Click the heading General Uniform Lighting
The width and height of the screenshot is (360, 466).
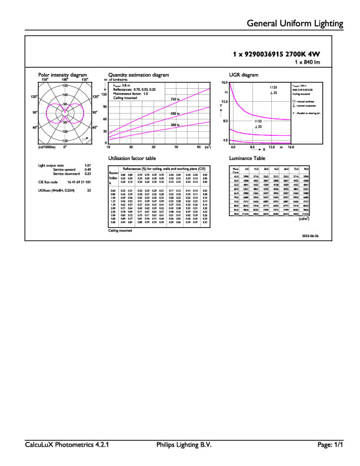[295, 24]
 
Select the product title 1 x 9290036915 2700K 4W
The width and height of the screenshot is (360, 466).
[280, 54]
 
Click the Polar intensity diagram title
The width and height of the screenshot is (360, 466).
[62, 75]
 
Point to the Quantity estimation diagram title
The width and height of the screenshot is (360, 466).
[138, 75]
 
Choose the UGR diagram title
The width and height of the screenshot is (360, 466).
[244, 75]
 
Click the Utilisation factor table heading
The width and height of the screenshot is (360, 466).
[132, 159]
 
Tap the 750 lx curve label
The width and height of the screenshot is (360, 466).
[174, 99]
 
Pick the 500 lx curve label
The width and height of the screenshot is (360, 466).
[174, 113]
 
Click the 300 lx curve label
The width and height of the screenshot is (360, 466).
[174, 125]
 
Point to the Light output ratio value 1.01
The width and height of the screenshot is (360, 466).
[88, 166]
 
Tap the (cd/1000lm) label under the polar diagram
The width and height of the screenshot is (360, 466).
[47, 147]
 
